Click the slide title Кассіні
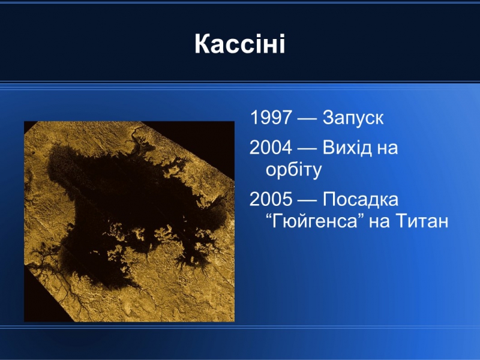(240, 44)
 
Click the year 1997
(271, 117)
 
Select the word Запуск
(353, 118)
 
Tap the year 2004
(271, 147)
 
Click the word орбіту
(293, 170)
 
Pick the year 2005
(271, 199)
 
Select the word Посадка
(361, 199)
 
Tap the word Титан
(422, 221)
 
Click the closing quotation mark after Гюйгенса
(361, 216)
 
